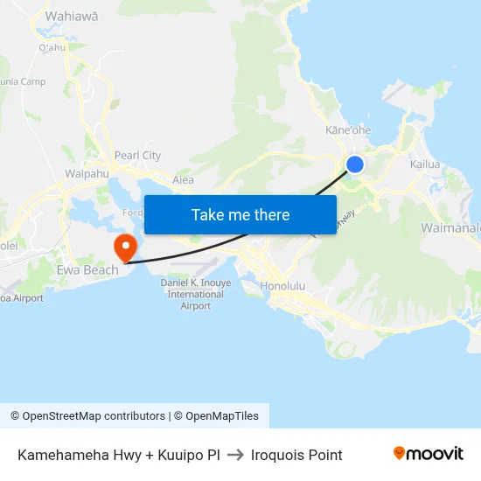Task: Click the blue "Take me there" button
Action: click(x=240, y=214)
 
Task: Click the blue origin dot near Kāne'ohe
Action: click(x=355, y=164)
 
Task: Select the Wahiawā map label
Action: click(x=71, y=16)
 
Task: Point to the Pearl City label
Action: click(x=138, y=156)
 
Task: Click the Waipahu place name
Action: click(x=86, y=174)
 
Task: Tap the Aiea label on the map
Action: click(x=183, y=179)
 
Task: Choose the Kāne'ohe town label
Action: click(x=348, y=130)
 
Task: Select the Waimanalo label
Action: click(x=450, y=227)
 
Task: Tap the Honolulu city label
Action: click(x=282, y=286)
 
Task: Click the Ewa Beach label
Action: click(x=87, y=270)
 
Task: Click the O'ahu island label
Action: click(x=52, y=47)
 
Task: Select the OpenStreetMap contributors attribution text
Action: click(x=87, y=416)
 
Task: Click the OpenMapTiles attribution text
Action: click(x=219, y=416)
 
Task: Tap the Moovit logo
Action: click(x=429, y=454)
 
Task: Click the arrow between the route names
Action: click(x=235, y=455)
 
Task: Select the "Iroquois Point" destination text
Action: click(x=296, y=455)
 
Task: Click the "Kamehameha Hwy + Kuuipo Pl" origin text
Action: click(x=118, y=455)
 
